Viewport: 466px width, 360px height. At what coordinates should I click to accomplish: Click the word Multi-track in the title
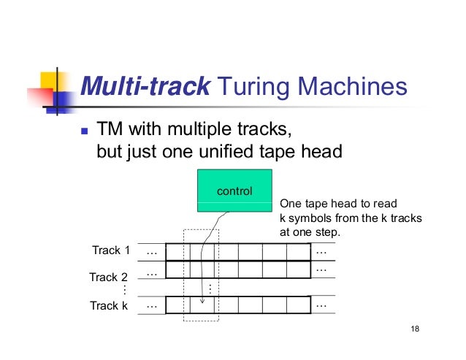click(145, 89)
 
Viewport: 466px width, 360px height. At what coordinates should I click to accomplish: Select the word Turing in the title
click(254, 89)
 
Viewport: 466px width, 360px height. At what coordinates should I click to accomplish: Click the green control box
click(234, 191)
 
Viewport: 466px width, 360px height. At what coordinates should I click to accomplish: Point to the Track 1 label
click(110, 250)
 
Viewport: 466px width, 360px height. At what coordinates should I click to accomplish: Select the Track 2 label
click(108, 277)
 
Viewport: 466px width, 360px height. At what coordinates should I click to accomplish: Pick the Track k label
click(109, 306)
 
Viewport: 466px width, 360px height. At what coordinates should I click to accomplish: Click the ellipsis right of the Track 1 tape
click(321, 250)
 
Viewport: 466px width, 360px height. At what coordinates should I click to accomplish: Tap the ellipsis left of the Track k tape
click(152, 305)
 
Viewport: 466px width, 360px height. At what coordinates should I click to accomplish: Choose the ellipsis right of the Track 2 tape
click(321, 269)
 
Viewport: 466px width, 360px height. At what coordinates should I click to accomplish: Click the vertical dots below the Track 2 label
click(123, 291)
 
